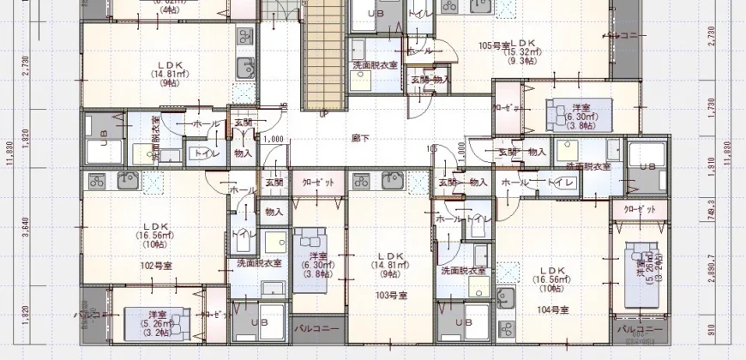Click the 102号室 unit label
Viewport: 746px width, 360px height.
[157, 266]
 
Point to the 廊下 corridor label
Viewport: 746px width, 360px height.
[360, 136]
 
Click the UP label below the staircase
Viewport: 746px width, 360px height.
[322, 112]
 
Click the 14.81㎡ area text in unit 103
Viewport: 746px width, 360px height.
[389, 266]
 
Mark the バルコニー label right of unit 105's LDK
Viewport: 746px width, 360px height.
[623, 36]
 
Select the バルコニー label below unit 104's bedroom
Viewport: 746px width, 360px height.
[639, 328]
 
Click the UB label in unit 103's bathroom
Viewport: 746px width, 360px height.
[463, 322]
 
